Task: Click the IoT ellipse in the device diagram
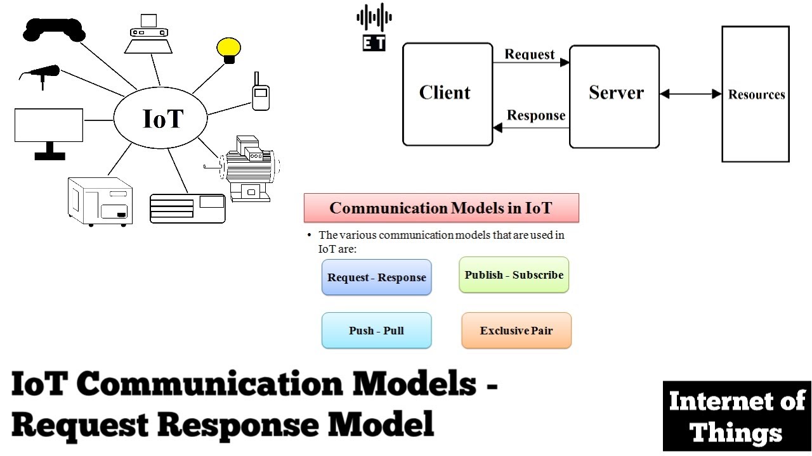(161, 118)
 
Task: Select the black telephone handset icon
(54, 29)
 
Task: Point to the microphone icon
(42, 73)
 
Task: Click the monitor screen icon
(49, 126)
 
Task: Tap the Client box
(447, 94)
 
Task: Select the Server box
(614, 96)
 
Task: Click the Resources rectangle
(756, 94)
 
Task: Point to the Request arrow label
(530, 54)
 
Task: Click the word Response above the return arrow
(536, 115)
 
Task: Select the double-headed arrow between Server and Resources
(691, 94)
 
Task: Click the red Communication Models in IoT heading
(442, 208)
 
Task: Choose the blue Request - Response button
(376, 277)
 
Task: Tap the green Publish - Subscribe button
(514, 275)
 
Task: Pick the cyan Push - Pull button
(376, 331)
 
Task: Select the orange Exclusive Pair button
(516, 331)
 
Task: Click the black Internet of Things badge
(737, 416)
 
